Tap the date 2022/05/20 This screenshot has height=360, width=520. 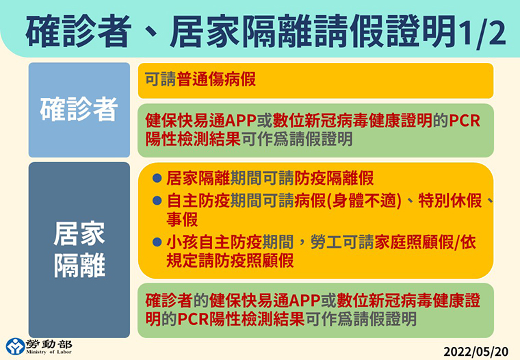[476, 351]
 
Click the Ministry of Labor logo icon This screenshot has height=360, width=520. [15, 346]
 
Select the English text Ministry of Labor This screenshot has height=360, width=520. [49, 352]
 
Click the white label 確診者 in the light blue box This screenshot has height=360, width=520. [79, 109]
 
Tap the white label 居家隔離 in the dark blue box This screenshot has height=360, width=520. [79, 250]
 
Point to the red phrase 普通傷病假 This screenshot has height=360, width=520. [216, 79]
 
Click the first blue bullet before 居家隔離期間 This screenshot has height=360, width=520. [157, 178]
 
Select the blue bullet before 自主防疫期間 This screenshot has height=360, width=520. [157, 201]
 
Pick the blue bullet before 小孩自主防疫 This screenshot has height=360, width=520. [157, 242]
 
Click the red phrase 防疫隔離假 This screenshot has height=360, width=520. [334, 178]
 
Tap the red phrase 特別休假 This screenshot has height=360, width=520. [450, 201]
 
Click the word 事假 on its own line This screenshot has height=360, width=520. [182, 219]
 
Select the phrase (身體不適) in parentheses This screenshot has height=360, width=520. [364, 201]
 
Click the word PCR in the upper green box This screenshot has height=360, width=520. [465, 120]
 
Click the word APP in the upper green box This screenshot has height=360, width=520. [240, 120]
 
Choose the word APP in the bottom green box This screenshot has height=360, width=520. [304, 301]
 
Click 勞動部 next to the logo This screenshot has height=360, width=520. [49, 344]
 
